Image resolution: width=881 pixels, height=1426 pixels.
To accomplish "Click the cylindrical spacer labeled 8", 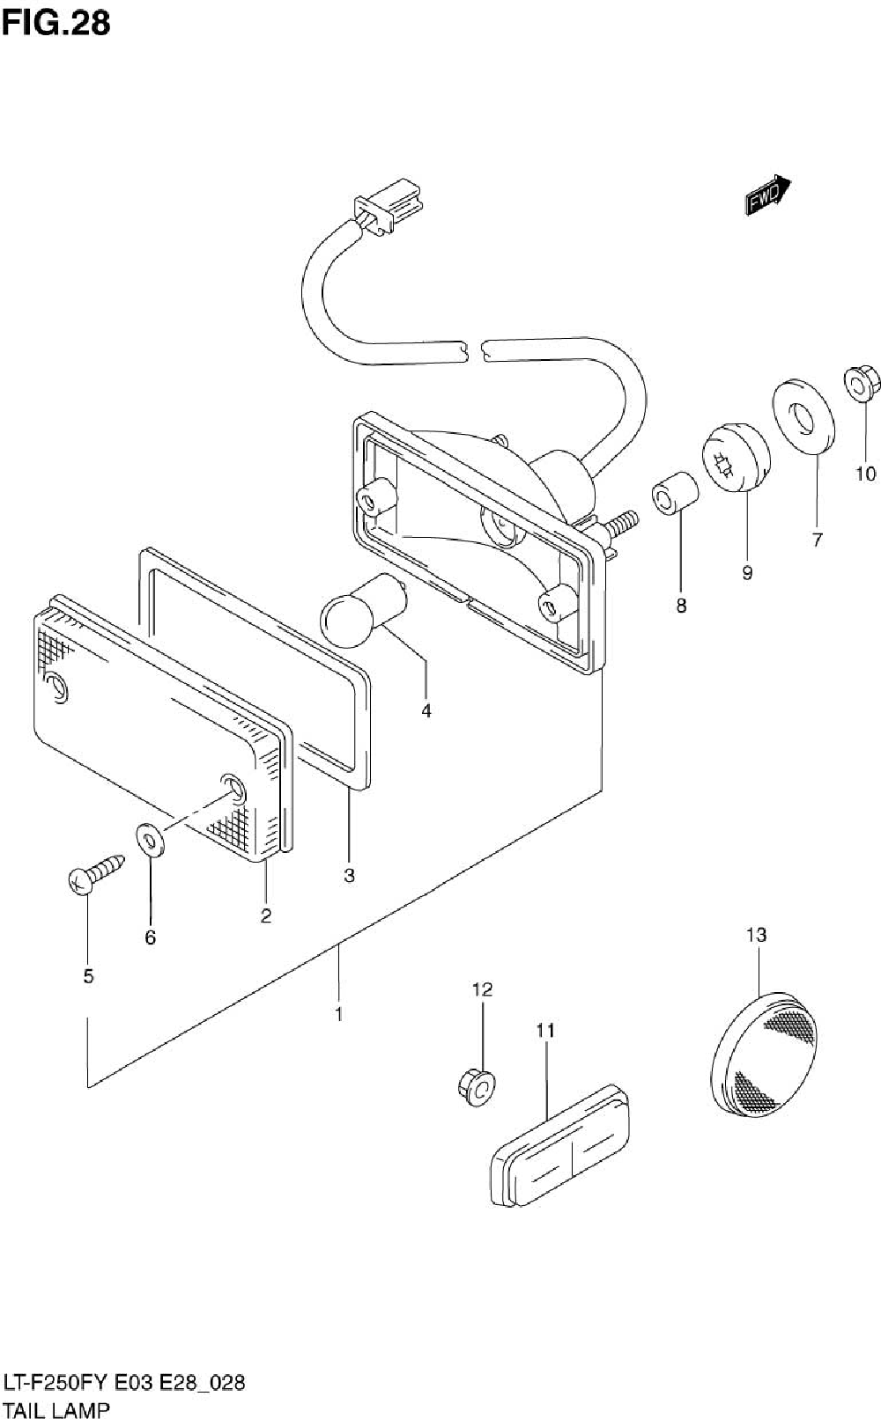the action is [x=674, y=496].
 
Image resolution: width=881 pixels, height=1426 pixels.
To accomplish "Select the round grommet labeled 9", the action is [x=736, y=456].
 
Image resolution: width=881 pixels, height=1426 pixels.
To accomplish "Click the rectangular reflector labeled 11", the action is [x=560, y=1144].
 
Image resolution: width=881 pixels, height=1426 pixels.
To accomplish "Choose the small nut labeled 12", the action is [x=477, y=1086].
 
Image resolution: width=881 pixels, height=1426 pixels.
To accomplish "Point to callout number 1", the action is [x=338, y=1014].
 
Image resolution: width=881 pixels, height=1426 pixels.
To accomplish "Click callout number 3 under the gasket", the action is [x=349, y=876].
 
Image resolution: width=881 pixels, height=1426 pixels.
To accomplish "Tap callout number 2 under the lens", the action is [x=265, y=915].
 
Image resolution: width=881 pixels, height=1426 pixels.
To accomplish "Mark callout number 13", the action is [x=757, y=935].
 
